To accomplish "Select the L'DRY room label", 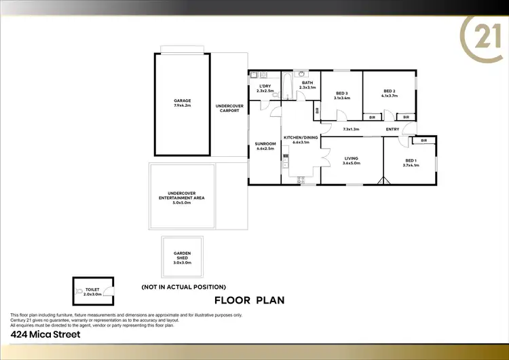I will [x=265, y=86].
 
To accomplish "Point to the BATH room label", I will [x=307, y=83].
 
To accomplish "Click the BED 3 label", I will [x=341, y=94].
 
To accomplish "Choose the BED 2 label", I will [x=389, y=91].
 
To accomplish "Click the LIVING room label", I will [x=352, y=158].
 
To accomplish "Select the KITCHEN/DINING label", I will [x=301, y=138].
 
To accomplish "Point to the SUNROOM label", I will [x=265, y=144].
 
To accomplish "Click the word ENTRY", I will [x=392, y=129].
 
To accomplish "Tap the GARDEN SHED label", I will [x=181, y=255].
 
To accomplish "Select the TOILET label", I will [x=92, y=289].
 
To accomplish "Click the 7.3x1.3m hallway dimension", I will [x=351, y=129].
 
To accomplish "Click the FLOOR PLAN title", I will [x=249, y=300].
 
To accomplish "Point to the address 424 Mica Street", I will [x=45, y=334].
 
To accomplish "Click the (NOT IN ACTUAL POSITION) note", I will [x=183, y=287].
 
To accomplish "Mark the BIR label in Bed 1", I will [x=423, y=141].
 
